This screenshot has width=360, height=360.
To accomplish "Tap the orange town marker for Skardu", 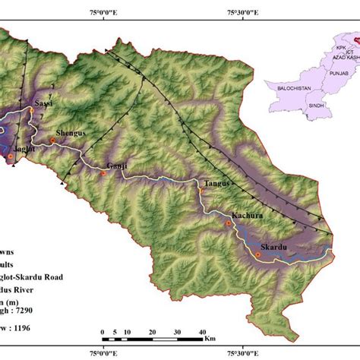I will [257, 256].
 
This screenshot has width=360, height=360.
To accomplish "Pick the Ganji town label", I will [117, 166].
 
